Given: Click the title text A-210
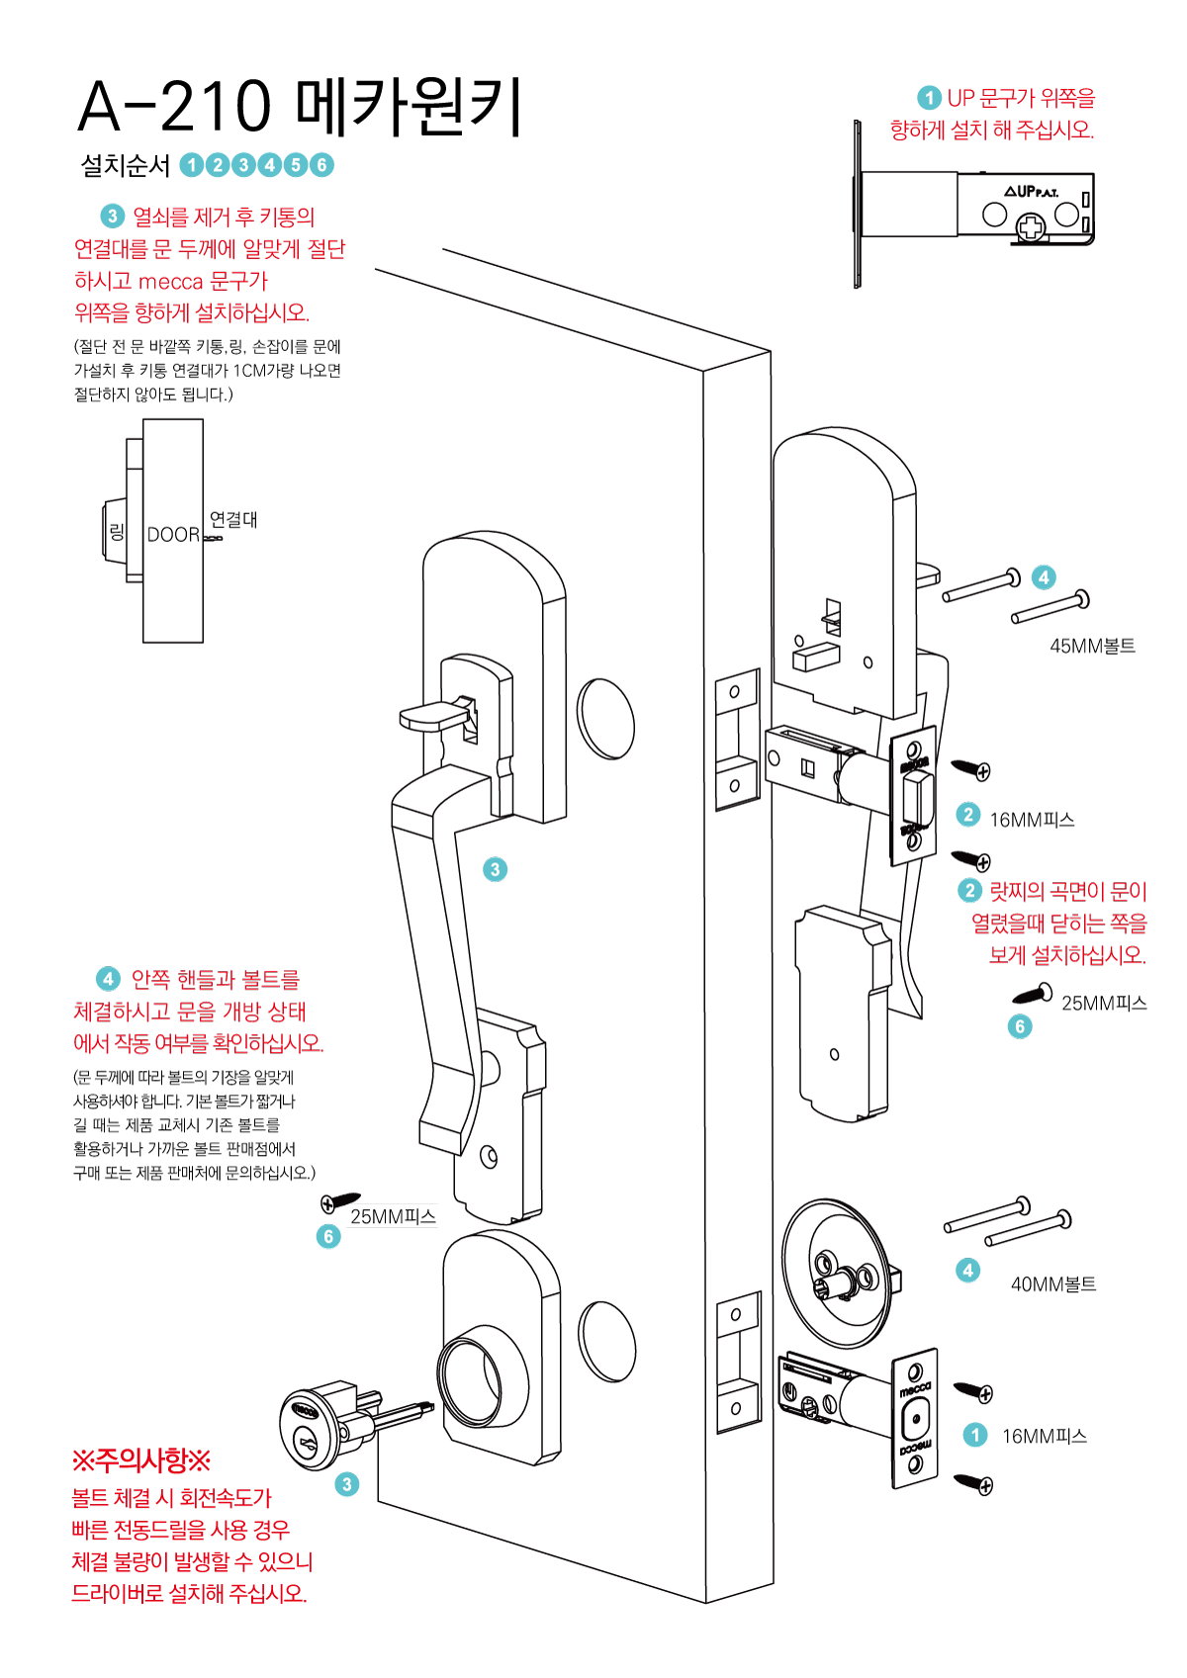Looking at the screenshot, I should tap(174, 107).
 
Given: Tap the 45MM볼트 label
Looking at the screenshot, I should tap(1092, 647).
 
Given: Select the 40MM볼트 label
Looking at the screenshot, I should tap(1053, 1284).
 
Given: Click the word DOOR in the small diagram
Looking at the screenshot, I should tap(173, 535).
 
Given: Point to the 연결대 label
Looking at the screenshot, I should tap(233, 519).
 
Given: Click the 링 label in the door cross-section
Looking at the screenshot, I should tap(117, 532).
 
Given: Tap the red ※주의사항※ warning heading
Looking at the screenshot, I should tap(141, 1460).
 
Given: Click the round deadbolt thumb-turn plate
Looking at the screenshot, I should tap(836, 1274).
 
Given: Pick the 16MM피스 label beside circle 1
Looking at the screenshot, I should tap(1044, 1437).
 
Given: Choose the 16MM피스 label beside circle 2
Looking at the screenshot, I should tap(1032, 820).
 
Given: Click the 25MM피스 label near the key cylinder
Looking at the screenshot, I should tap(393, 1217).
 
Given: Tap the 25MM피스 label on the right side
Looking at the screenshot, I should tap(1104, 1004).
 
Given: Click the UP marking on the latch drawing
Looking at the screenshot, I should tap(1025, 191).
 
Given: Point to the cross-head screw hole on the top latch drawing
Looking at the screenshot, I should tap(1032, 229).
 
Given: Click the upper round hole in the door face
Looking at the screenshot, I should tap(606, 719).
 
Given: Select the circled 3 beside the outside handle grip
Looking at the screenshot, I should tap(495, 869).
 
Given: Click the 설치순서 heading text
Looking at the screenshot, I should tap(126, 165).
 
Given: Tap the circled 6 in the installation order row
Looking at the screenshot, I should tap(321, 165).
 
